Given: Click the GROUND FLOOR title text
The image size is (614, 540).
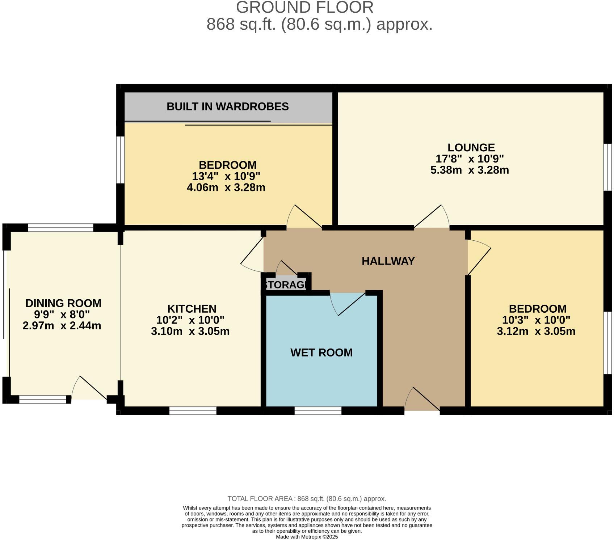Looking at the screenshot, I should [x=304, y=7].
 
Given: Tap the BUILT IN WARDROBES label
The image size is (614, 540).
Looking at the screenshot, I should [x=227, y=106].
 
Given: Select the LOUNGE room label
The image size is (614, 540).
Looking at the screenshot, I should [x=471, y=147].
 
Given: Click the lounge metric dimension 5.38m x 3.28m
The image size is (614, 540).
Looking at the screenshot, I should [x=470, y=170].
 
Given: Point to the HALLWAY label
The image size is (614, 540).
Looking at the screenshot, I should [x=388, y=261].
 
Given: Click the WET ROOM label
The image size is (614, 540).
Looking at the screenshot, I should [x=321, y=353].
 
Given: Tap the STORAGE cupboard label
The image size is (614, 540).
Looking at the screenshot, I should [x=286, y=285].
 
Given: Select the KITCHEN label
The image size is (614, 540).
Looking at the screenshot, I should [x=192, y=309].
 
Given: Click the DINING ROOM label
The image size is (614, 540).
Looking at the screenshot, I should [x=63, y=303].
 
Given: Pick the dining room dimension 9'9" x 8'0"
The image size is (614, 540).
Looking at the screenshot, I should [x=62, y=314].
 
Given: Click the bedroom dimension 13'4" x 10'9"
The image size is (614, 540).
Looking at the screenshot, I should [x=226, y=176].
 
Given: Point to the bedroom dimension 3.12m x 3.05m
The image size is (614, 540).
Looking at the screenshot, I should [x=536, y=331].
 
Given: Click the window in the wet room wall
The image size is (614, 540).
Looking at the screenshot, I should [x=318, y=410].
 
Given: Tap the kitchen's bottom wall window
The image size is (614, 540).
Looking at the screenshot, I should [x=193, y=410].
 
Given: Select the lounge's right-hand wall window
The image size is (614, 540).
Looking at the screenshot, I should [x=607, y=166].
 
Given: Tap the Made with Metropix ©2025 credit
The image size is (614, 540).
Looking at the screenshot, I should [x=307, y=537].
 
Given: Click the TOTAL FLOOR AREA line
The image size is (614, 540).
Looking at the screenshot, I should [x=307, y=499].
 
